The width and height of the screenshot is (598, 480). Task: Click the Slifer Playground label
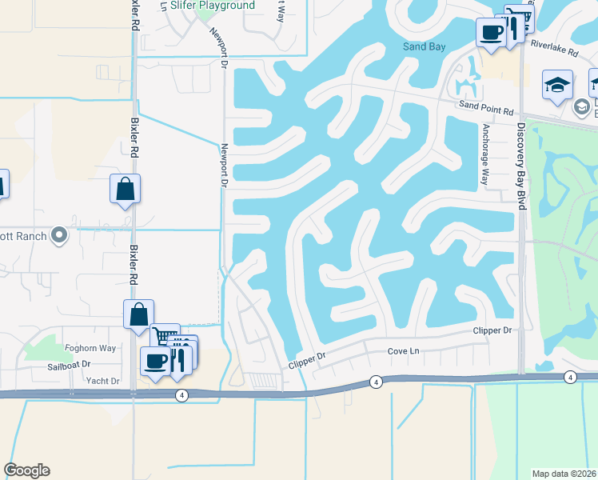pos(213,6)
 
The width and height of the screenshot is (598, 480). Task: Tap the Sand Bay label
pos(424,46)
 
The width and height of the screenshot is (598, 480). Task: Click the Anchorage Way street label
pos(484,154)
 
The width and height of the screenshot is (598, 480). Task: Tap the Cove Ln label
pos(404,351)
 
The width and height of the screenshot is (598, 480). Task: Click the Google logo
pos(26,470)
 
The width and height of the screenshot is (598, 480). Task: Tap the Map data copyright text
pos(564,474)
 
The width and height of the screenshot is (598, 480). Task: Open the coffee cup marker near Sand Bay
pos(491,33)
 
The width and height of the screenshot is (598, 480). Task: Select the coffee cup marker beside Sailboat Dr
pos(155,360)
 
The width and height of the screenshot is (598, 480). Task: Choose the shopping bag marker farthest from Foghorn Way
pos(125,189)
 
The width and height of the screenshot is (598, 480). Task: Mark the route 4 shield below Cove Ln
pos(376,382)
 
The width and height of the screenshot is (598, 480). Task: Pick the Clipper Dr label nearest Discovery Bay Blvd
pos(492,330)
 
